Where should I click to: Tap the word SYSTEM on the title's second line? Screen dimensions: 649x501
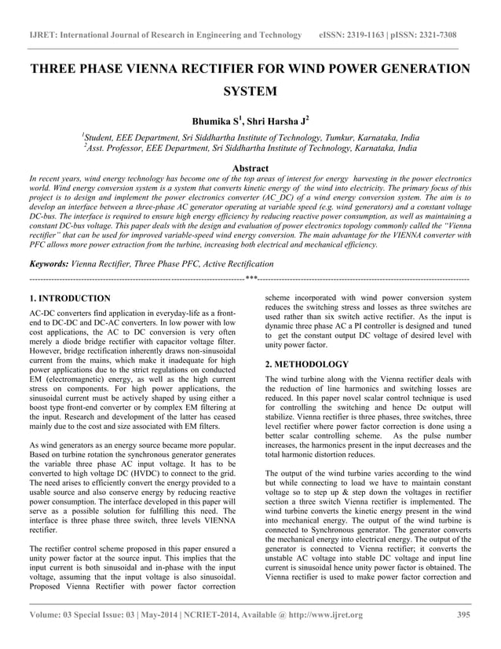click(251, 92)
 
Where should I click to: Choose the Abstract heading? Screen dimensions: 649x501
click(251, 168)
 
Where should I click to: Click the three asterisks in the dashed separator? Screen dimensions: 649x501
click(251, 279)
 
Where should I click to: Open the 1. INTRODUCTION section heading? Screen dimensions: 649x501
click(69, 299)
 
